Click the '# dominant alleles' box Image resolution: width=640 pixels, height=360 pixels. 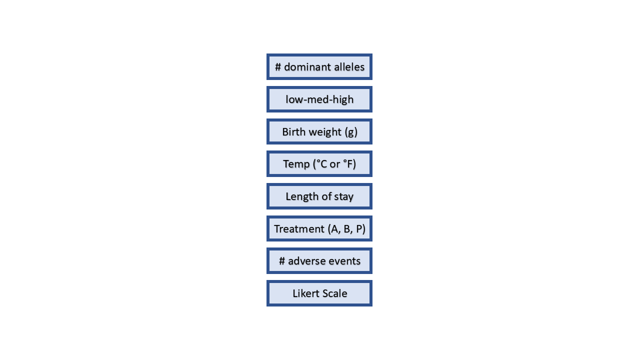319,66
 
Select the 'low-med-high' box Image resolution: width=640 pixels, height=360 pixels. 319,99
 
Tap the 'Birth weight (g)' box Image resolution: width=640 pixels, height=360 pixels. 319,131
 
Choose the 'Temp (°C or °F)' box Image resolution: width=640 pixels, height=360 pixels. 319,163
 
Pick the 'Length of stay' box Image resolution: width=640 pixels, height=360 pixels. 319,196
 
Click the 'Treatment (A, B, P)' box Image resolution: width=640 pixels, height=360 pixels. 319,228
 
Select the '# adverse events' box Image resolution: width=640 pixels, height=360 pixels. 319,261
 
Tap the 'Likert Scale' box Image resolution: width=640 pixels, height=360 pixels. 319,293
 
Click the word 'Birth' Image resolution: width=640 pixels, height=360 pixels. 293,131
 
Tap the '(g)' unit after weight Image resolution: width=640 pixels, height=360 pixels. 351,132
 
